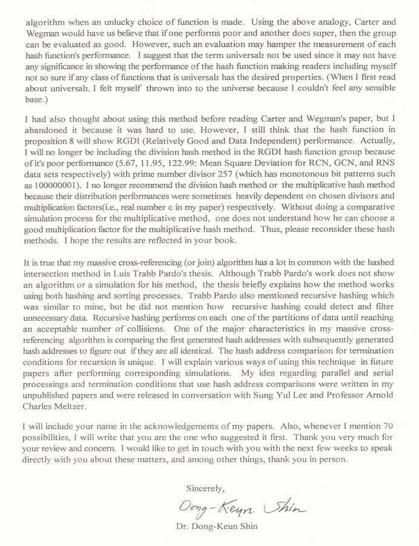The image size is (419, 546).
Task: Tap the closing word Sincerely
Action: (205, 487)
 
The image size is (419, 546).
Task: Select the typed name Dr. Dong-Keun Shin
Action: (216, 527)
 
